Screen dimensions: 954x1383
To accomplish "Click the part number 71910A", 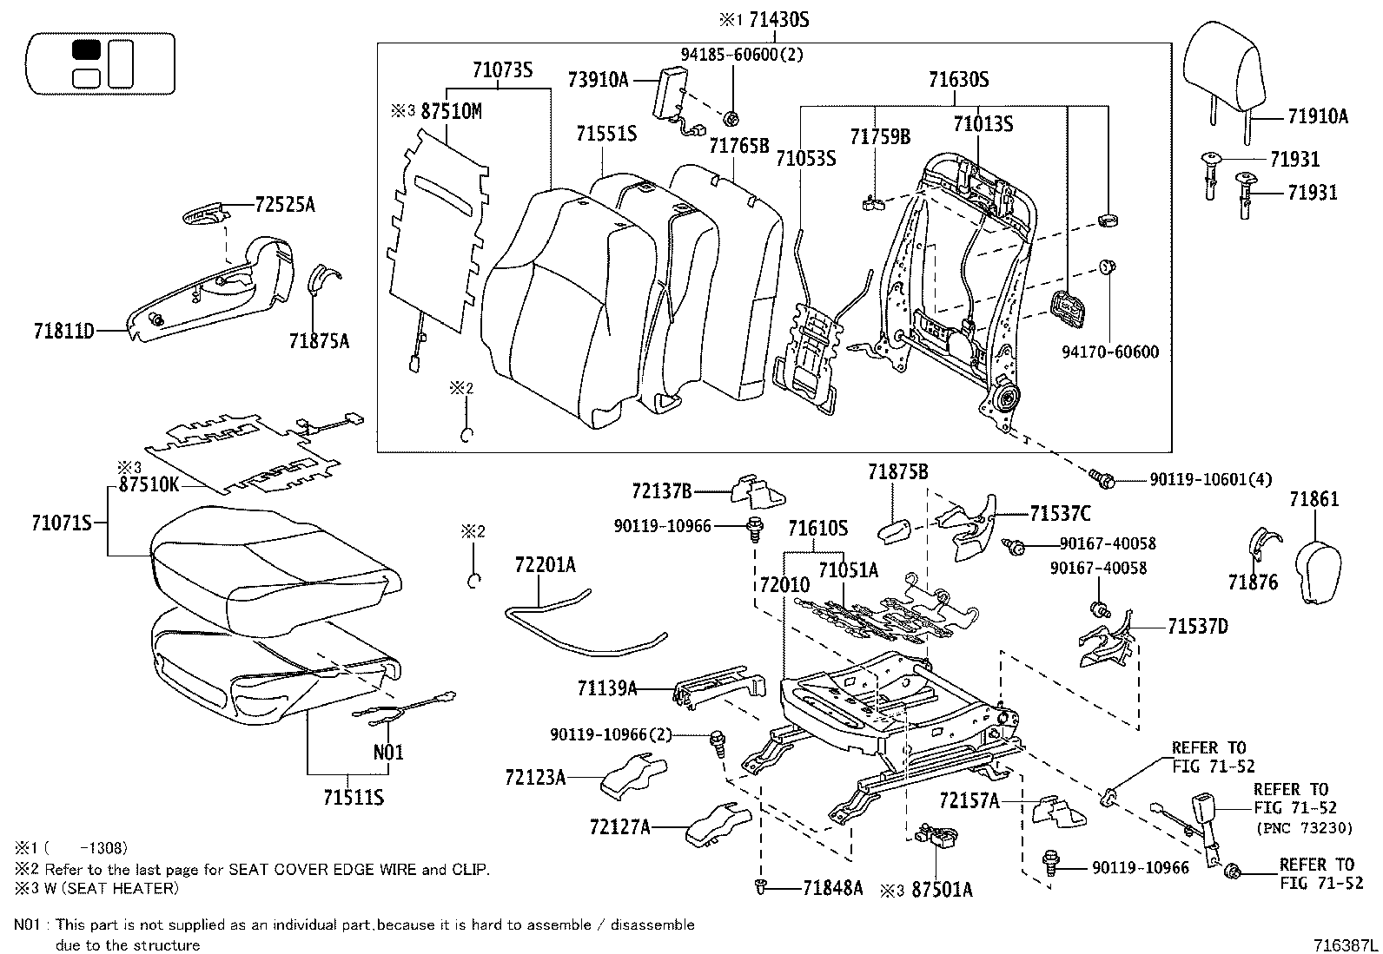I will click(1317, 115).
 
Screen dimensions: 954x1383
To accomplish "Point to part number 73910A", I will click(598, 80).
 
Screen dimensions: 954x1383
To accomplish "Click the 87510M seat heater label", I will click(451, 111).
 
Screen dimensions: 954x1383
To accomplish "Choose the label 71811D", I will click(63, 331).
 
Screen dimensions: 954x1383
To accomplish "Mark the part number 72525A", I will click(285, 205).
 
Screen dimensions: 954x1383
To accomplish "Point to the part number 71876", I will click(1253, 582).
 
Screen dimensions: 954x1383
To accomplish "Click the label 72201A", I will click(545, 565).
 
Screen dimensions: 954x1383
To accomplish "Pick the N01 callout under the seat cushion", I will click(388, 752).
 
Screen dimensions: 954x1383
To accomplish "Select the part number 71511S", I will click(353, 797).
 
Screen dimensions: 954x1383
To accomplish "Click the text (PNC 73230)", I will click(1304, 828).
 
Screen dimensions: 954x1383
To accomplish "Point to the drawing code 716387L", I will click(1345, 942).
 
